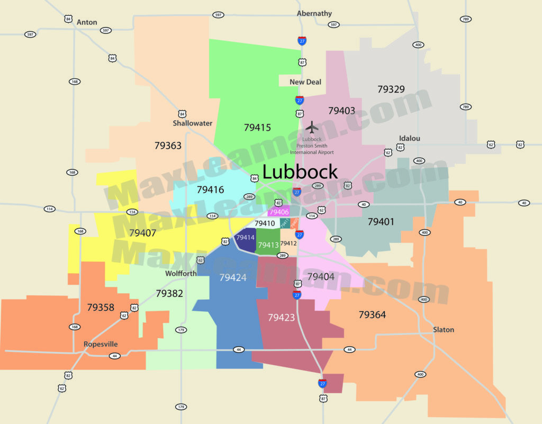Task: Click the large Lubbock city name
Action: pos(300,172)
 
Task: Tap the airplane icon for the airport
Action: pos(312,128)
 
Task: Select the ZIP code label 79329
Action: pos(391,89)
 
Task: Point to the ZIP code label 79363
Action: pos(168,145)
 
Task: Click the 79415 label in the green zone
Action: pos(257,128)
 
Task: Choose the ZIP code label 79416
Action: pos(210,190)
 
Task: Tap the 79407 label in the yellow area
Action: pos(142,232)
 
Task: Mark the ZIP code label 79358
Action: pos(101,307)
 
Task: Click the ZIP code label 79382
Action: pos(169,293)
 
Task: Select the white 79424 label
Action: pos(233,277)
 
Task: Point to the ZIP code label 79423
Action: pos(282,318)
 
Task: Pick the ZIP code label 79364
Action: pos(372,315)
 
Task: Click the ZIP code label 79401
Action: pos(381,222)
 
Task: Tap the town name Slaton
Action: pos(444,330)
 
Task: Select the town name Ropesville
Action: pos(101,344)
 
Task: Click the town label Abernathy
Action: pos(314,13)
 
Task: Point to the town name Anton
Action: pos(87,22)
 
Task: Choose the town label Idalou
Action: pos(409,138)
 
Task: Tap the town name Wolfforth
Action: pos(181,274)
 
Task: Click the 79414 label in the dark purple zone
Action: pos(246,238)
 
